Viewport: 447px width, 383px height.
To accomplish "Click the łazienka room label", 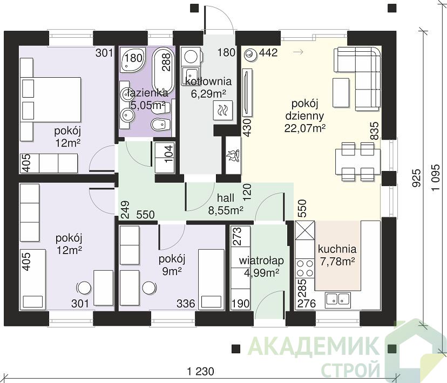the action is (x=148, y=93).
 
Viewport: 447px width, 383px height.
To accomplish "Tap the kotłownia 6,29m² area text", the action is (x=208, y=94).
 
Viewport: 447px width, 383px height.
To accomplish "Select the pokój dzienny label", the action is (x=304, y=110).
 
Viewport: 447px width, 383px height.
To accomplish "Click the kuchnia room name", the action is (x=337, y=249).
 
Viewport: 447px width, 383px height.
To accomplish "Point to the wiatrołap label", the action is (x=261, y=261).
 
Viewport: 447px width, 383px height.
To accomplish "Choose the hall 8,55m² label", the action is (x=226, y=204).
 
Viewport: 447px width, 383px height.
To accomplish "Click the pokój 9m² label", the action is (x=172, y=265).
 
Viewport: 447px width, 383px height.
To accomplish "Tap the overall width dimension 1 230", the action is (x=201, y=371).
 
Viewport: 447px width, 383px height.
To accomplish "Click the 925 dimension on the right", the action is (x=417, y=178).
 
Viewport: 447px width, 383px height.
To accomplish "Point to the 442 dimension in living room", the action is (x=268, y=52).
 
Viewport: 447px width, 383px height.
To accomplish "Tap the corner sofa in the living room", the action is (x=358, y=79).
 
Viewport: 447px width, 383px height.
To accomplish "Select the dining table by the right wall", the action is (x=358, y=161).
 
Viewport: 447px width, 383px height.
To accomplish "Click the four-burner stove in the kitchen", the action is (x=304, y=268).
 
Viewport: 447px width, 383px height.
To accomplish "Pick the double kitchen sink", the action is (x=338, y=299).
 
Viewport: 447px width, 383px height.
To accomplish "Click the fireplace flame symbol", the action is (x=233, y=155).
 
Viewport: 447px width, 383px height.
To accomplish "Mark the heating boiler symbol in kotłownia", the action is (x=223, y=110).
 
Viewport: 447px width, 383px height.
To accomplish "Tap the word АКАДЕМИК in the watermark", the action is (x=314, y=345).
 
